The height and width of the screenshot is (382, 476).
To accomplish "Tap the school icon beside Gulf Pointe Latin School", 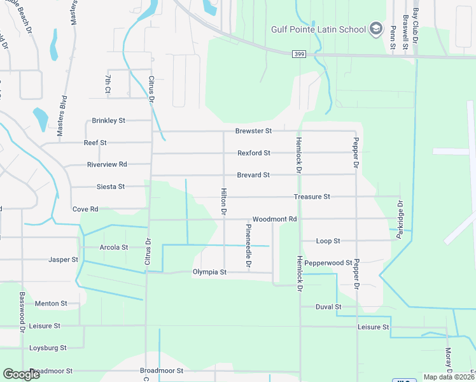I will (375, 29).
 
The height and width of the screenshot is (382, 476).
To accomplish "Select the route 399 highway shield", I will (298, 55).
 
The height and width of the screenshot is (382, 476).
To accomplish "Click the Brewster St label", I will (253, 131).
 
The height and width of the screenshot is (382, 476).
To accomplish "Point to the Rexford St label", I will (254, 153).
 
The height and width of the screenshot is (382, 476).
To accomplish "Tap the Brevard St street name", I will (253, 174).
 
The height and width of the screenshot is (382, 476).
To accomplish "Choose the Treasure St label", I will (312, 197).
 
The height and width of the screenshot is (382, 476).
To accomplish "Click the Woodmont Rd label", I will (275, 219).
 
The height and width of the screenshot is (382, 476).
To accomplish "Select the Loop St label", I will (328, 241).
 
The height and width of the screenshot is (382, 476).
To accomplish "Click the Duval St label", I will (328, 306).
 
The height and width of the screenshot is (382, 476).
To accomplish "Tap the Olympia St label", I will (210, 272).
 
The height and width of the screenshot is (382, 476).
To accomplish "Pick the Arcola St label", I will (114, 247).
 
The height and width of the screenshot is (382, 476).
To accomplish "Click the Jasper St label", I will (63, 259).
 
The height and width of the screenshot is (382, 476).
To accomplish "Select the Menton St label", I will (51, 304).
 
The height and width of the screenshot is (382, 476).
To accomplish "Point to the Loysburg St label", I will (48, 348).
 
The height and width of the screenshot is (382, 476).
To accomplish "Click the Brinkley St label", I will (109, 120).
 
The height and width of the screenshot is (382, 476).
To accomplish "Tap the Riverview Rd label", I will (107, 164).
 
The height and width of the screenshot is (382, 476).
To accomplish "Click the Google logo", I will (21, 374).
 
